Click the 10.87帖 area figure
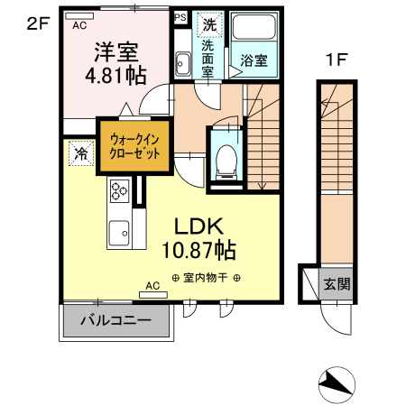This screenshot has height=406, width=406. click(199, 248)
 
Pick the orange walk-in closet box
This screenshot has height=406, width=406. click(134, 146)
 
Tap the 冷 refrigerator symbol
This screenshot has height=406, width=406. click(80, 154)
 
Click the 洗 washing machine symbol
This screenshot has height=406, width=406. click(209, 24)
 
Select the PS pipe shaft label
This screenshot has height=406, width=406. click(180, 17)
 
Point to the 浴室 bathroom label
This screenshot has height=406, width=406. click(254, 61)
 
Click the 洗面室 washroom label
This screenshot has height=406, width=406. click(208, 58)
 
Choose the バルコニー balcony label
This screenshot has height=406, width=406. click(115, 319)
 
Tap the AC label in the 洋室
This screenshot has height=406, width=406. click(79, 25)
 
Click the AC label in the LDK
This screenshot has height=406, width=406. click(152, 286)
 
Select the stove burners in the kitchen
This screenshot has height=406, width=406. click(120, 191)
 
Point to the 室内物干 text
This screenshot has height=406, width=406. click(205, 278)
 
